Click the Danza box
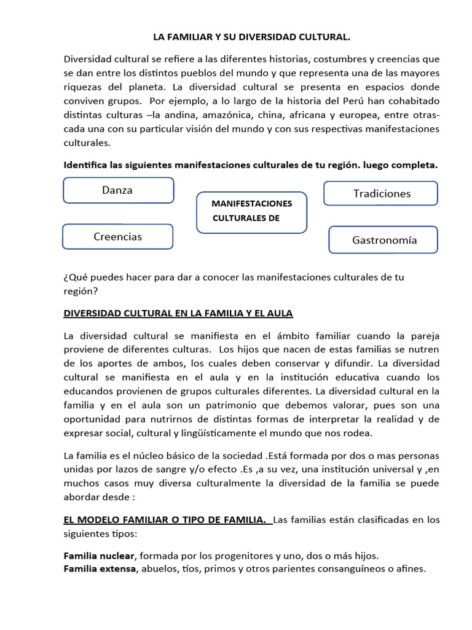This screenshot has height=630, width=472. (118, 190)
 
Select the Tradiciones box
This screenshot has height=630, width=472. (381, 193)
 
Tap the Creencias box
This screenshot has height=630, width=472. (117, 236)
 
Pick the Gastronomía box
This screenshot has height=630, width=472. (384, 240)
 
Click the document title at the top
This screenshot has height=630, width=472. (251, 38)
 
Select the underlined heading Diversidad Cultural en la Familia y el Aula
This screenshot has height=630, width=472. (178, 313)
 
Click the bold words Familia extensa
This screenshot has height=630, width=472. (100, 568)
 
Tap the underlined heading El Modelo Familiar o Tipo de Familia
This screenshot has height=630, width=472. (168, 520)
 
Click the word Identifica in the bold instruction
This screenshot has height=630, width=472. (87, 165)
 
